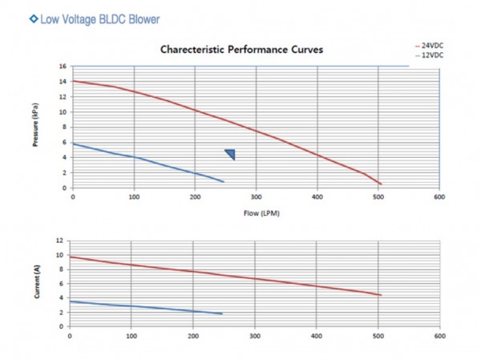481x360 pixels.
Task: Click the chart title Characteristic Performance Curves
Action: (x=241, y=50)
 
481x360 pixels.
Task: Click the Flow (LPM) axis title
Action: (x=256, y=214)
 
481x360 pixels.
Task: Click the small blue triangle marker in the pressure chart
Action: (x=230, y=154)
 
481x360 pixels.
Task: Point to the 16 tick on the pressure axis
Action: (x=63, y=67)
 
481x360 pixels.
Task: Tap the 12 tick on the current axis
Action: (x=59, y=241)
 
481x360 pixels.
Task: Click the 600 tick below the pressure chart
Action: (x=439, y=196)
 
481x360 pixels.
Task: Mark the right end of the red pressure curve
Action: (x=381, y=184)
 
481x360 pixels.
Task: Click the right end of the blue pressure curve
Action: (x=224, y=182)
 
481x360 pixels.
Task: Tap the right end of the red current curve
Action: (x=381, y=295)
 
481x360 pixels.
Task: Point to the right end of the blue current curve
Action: (x=222, y=313)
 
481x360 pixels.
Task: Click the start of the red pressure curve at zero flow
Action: (x=73, y=81)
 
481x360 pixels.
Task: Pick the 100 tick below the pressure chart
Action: (x=134, y=196)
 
